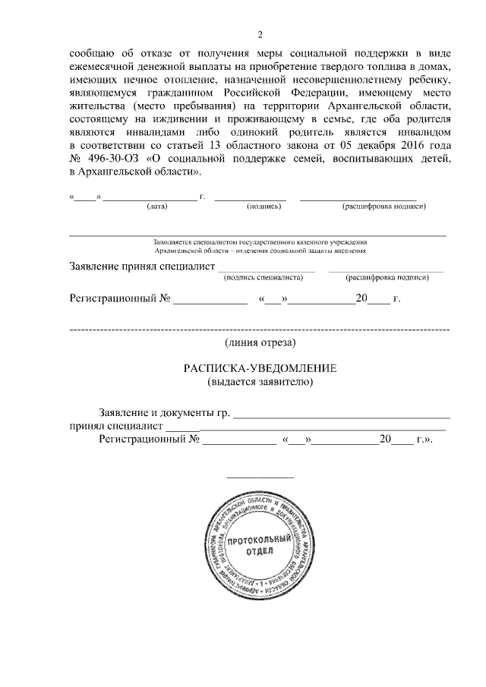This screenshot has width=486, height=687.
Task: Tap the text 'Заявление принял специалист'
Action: [141, 267]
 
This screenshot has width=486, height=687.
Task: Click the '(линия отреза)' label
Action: [260, 344]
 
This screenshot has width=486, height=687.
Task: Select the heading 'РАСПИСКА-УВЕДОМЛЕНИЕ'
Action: [260, 367]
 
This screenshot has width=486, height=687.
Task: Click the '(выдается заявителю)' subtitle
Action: [260, 381]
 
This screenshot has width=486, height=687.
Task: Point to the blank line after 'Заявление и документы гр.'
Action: [341, 417]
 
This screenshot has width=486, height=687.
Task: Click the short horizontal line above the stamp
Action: [260, 477]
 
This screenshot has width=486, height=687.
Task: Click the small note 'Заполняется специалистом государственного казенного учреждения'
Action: [260, 241]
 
